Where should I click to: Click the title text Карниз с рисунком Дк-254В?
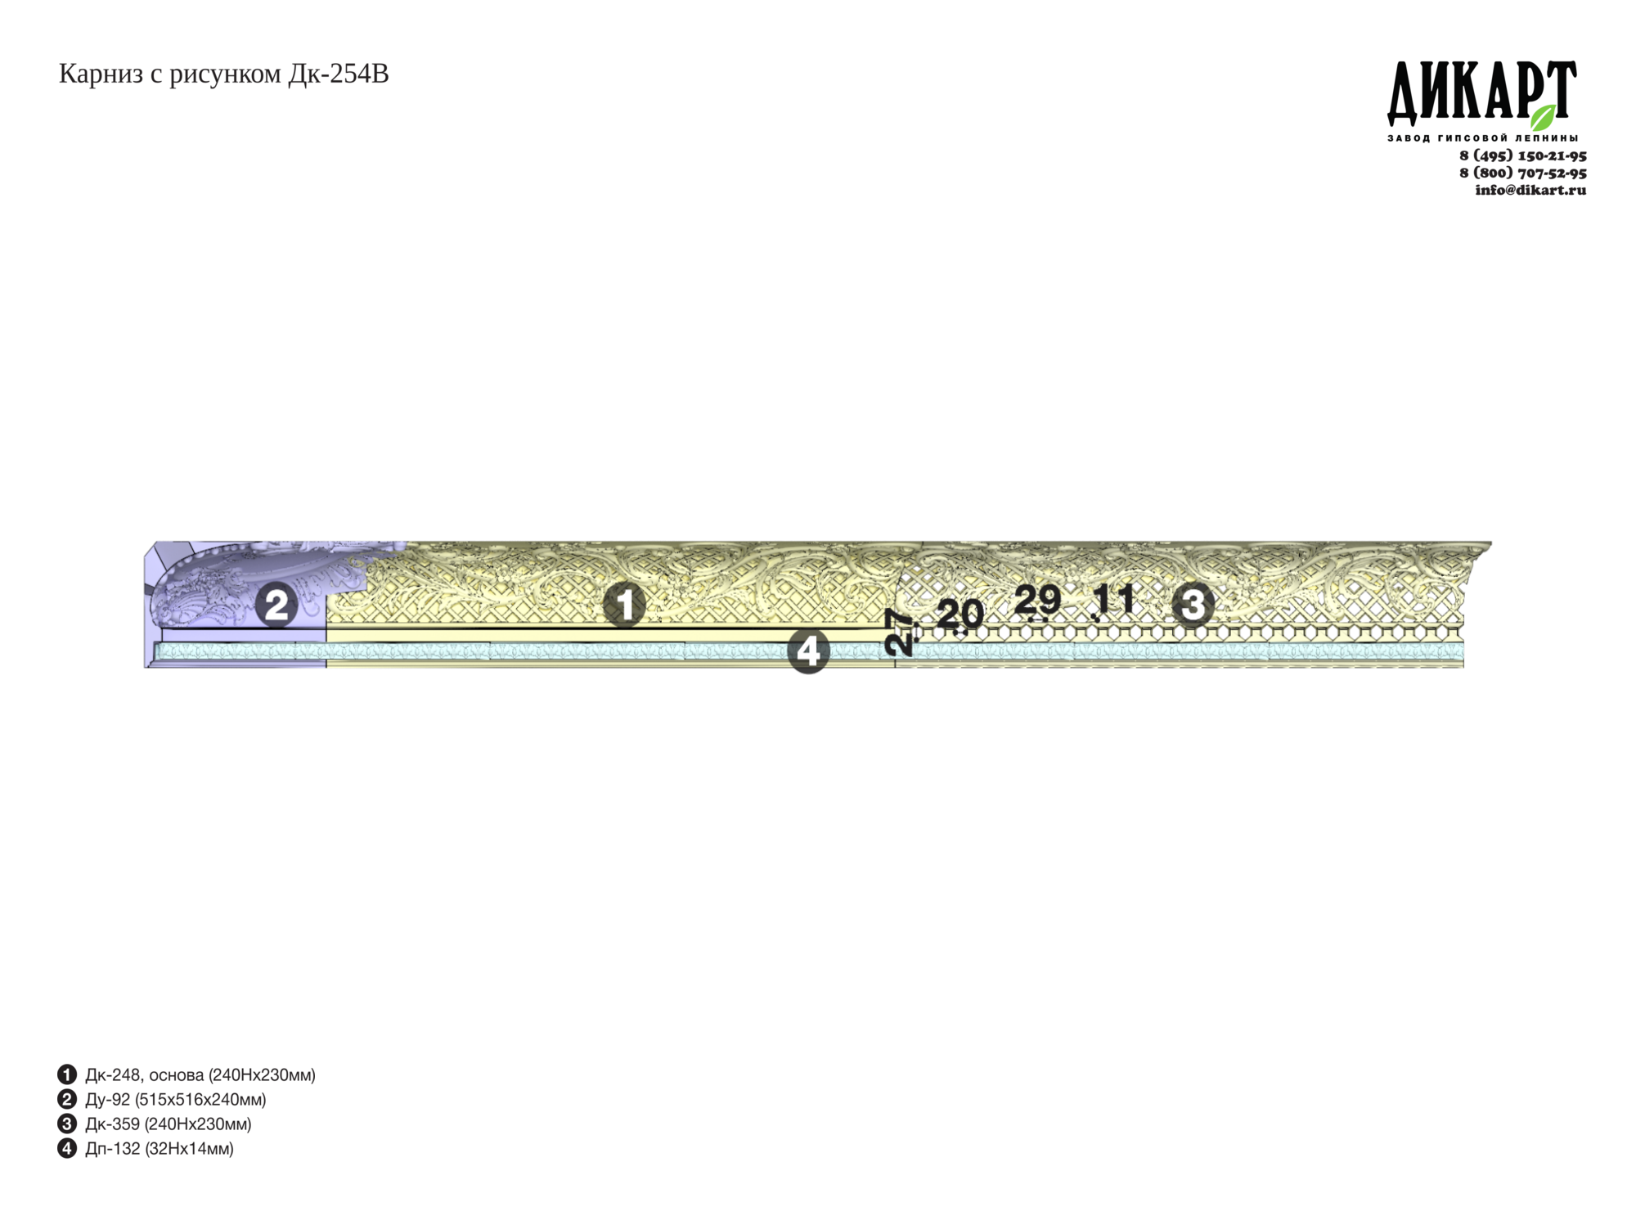pyautogui.click(x=223, y=74)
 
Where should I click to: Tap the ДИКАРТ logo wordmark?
pyautogui.click(x=1481, y=92)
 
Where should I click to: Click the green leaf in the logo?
pyautogui.click(x=1543, y=117)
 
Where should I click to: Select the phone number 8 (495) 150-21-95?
pyautogui.click(x=1522, y=155)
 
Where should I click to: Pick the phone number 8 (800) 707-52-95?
pyautogui.click(x=1522, y=173)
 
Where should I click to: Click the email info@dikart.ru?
pyautogui.click(x=1530, y=190)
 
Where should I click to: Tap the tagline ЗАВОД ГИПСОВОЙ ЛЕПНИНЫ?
pyautogui.click(x=1482, y=137)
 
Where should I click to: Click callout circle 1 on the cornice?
pyautogui.click(x=624, y=605)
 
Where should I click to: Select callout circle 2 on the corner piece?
pyautogui.click(x=276, y=605)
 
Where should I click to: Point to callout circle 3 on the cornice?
pyautogui.click(x=1193, y=605)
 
